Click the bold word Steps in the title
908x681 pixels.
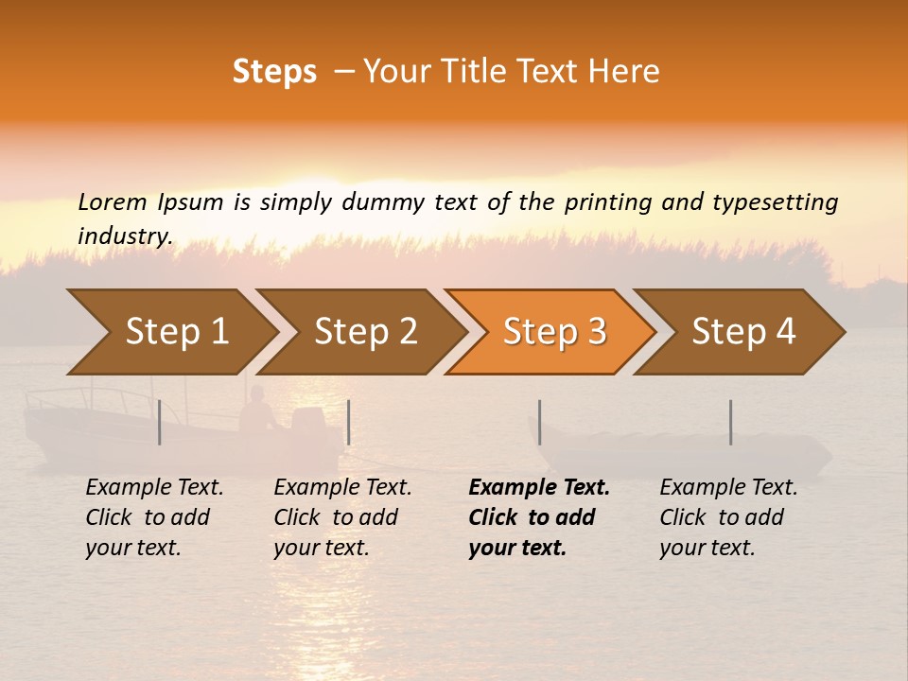[x=274, y=72]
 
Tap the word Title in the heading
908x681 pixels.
[x=482, y=72]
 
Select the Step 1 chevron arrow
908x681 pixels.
[x=170, y=332]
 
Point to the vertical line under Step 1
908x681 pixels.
[x=160, y=422]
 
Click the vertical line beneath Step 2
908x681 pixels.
[x=349, y=422]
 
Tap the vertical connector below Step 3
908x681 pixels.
[x=539, y=422]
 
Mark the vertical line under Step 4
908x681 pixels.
[x=730, y=422]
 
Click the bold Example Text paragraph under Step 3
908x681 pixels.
[x=538, y=517]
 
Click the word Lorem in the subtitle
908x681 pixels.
[x=112, y=202]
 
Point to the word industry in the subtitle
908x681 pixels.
[x=125, y=236]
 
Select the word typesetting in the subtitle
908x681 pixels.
[x=775, y=202]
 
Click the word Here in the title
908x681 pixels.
[x=625, y=72]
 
